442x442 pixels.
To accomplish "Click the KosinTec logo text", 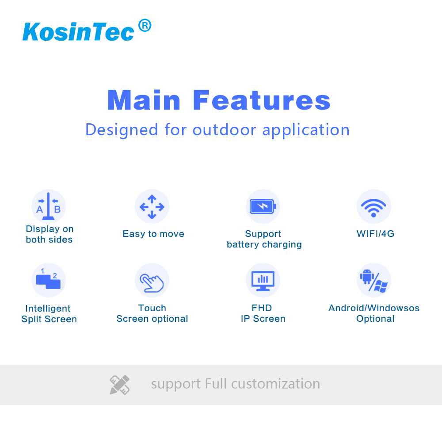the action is pos(78,32).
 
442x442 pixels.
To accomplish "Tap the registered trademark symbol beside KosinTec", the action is pos(145,25).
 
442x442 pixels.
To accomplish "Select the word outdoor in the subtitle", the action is pos(225,130).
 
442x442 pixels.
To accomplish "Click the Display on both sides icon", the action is pos(49,206).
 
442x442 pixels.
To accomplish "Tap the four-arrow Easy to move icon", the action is pos(152,206).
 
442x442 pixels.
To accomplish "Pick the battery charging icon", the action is pos(263,206).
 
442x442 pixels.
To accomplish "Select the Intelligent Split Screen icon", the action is pos(49,280).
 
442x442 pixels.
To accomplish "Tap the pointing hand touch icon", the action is pos(152,283).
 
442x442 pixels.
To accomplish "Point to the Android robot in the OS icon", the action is pos(367,277).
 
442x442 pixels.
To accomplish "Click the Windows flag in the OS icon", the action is pos(381,286).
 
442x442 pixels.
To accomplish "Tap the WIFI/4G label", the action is pos(375,234).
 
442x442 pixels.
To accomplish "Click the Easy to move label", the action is pos(153,234).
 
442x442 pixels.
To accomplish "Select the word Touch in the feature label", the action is pos(152,308).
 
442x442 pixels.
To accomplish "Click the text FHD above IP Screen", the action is pos(262,308).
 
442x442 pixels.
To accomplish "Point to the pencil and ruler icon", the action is pos(119,385).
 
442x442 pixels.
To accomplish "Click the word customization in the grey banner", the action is pos(276,384).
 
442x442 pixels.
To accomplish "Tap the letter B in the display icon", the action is pos(57,210).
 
